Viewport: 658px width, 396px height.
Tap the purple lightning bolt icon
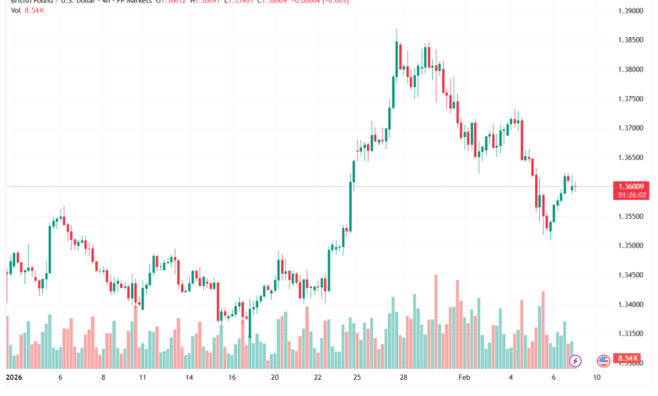[x=575, y=361]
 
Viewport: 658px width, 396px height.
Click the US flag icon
[x=603, y=361]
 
